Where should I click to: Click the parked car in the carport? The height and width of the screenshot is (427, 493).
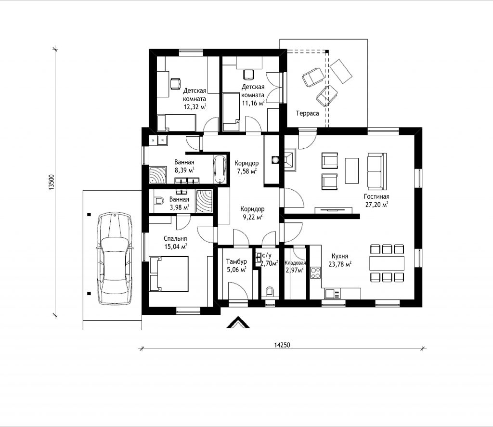tap(115, 259)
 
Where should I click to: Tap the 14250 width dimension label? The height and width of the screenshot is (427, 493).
tap(282, 345)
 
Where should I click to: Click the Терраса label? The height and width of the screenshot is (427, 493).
tap(307, 113)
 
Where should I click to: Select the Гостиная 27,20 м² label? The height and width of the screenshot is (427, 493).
tap(376, 201)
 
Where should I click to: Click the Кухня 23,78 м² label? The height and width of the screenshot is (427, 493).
tap(340, 260)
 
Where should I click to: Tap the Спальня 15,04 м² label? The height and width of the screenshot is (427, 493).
tap(175, 243)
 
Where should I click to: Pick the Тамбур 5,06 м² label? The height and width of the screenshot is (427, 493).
tap(236, 265)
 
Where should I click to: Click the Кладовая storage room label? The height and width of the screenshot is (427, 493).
tap(295, 263)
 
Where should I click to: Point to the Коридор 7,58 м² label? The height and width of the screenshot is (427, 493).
tap(246, 167)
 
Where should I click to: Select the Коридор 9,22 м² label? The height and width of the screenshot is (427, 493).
tap(252, 213)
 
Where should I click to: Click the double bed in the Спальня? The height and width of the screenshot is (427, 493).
tap(169, 273)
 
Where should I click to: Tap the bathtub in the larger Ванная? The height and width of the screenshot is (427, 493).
tap(220, 169)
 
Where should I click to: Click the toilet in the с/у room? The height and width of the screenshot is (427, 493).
tap(270, 291)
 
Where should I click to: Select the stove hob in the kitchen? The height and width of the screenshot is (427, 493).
tap(315, 272)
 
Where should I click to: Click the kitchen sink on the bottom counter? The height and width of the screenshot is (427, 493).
tap(332, 294)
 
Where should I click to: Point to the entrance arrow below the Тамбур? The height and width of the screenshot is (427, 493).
tap(238, 322)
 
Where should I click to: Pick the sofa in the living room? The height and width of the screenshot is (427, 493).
tap(376, 171)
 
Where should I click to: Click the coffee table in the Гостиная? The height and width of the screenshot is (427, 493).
tap(352, 171)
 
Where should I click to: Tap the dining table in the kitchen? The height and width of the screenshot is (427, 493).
tap(387, 263)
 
